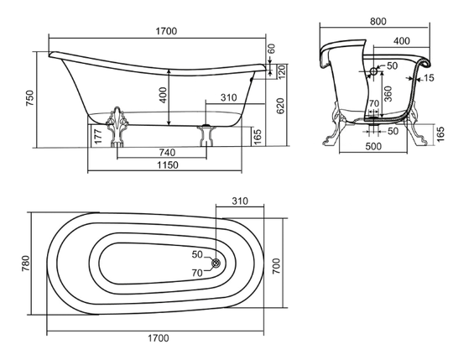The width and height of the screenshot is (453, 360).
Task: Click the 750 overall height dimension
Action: click(30, 98)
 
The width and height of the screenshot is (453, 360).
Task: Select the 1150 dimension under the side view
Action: click(168, 165)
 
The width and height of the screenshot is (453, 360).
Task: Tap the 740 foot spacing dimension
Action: click(167, 152)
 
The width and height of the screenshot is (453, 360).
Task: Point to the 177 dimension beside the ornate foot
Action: click(98, 137)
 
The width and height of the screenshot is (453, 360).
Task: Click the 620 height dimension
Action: click(280, 106)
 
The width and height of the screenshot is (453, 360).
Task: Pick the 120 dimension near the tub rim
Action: click(281, 71)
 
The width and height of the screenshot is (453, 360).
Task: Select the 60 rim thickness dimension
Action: click(271, 49)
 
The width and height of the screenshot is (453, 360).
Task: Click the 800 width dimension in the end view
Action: click(377, 21)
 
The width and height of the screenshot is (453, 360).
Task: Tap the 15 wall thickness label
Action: click(429, 78)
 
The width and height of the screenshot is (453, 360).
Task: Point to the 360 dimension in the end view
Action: click(388, 93)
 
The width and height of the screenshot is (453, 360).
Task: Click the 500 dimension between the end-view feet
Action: click(373, 146)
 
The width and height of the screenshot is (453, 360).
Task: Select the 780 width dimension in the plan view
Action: click(26, 263)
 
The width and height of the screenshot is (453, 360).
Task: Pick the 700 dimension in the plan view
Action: click(276, 266)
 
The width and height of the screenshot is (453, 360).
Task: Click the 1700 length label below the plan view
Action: click(159, 337)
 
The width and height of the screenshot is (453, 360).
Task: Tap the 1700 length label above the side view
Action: click(166, 31)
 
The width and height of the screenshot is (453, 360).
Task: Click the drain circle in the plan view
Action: click(216, 263)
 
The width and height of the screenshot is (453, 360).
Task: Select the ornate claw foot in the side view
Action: click(117, 127)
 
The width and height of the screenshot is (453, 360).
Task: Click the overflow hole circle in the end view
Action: click(373, 70)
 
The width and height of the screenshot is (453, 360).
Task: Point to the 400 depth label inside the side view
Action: click(164, 96)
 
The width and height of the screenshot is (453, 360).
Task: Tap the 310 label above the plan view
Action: click(240, 201)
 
